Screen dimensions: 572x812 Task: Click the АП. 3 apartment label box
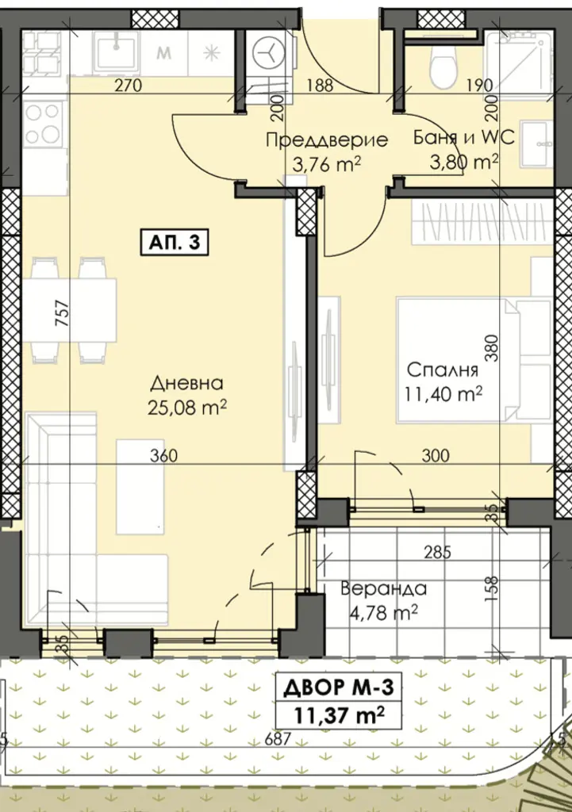tap(174, 243)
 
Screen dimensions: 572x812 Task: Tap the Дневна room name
tap(186, 384)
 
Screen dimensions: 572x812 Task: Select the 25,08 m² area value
tap(187, 408)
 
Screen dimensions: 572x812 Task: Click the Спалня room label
tap(442, 370)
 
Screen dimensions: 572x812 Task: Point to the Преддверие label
tap(326, 140)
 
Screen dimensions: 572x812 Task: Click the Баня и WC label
tap(464, 138)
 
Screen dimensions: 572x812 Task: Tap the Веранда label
tap(383, 589)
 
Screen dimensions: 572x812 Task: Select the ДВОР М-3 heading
tap(340, 688)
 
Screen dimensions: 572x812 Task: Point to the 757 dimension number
tap(62, 312)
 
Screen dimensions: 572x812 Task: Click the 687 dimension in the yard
tap(278, 738)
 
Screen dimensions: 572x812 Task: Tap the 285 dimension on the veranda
tap(437, 553)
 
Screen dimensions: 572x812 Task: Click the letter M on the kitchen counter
tap(164, 52)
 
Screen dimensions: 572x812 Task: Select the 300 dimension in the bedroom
tap(436, 456)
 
